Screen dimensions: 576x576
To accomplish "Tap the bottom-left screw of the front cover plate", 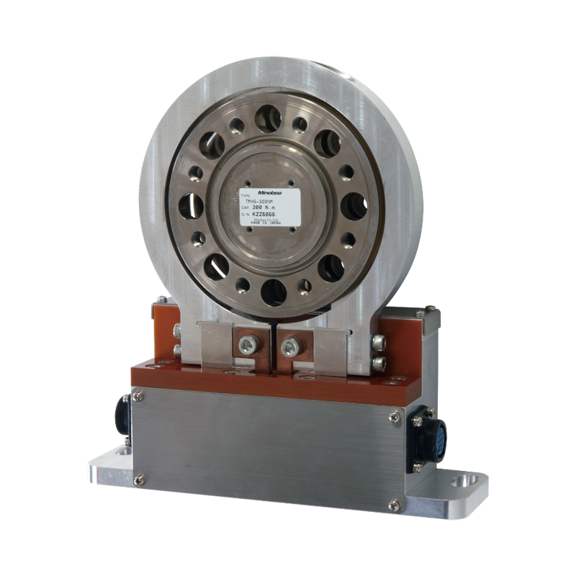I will point(139,480).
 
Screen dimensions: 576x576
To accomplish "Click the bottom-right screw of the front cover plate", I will point(392,503).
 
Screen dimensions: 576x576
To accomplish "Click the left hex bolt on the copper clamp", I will point(248,344).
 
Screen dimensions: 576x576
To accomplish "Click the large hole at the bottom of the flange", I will point(274,291).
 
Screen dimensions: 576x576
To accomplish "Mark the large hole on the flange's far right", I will point(353,207).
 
